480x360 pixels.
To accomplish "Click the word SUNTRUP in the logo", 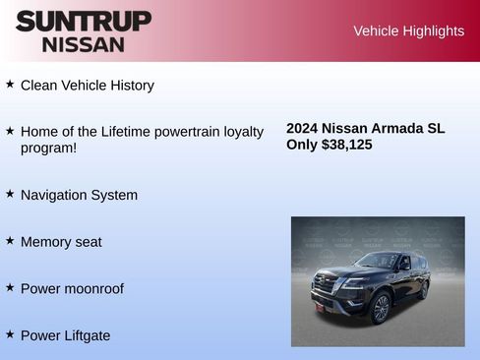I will tap(83, 21).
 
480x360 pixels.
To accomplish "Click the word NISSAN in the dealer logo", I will tap(83, 43).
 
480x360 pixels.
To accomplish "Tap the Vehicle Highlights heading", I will tap(408, 31).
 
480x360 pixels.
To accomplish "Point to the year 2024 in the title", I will tap(302, 128).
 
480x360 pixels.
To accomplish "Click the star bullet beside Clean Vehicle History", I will tap(10, 85).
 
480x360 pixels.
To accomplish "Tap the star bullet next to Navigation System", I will tap(10, 194).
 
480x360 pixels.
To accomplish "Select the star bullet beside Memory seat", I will tap(10, 240).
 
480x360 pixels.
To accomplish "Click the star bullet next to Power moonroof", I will tap(10, 287).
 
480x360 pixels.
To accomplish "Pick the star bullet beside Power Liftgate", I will tap(10, 334).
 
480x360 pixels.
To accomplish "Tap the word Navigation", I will tap(55, 195).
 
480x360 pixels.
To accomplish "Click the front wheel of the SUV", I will tap(380, 308).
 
